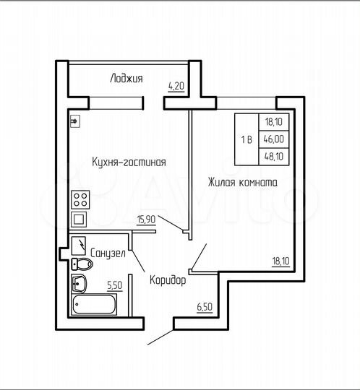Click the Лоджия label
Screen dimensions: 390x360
127,78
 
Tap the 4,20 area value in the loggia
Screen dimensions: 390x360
175,85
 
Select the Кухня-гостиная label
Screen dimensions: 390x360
129,162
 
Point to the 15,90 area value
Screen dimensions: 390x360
145,218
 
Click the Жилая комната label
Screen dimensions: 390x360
242,183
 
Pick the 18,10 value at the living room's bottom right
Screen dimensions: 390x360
281,260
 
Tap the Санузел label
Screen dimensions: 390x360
108,253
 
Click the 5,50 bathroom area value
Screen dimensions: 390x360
114,285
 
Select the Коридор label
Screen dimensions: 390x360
168,279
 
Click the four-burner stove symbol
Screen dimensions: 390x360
80,198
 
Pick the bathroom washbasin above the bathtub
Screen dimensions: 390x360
80,282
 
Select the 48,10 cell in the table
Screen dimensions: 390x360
274,156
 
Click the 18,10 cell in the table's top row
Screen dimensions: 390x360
274,123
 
